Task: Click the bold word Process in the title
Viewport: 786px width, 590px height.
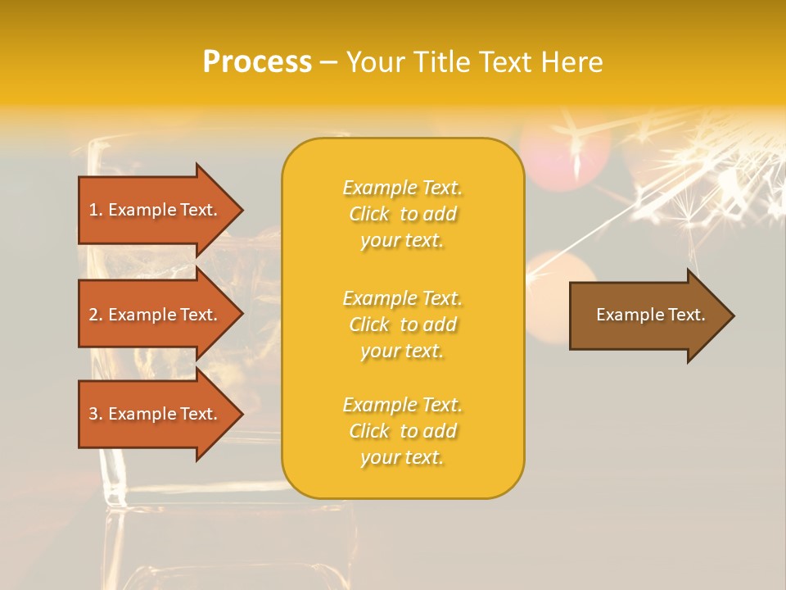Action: pyautogui.click(x=257, y=62)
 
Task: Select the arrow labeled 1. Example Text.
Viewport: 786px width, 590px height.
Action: pyautogui.click(x=154, y=210)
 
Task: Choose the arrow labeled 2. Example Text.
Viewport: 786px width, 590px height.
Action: pyautogui.click(x=154, y=315)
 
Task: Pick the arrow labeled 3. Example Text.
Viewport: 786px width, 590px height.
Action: pyautogui.click(x=154, y=414)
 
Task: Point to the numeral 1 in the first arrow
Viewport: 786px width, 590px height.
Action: pyautogui.click(x=93, y=210)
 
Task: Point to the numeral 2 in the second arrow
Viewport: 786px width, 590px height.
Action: pyautogui.click(x=93, y=315)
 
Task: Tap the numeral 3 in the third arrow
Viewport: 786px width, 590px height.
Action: pyautogui.click(x=93, y=414)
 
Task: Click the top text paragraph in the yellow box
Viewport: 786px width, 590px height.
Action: pyautogui.click(x=402, y=214)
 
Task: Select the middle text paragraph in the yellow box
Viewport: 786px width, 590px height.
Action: pyautogui.click(x=402, y=324)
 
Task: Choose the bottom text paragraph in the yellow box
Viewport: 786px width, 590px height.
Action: pyautogui.click(x=402, y=431)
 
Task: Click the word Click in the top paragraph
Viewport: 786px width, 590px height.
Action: pyautogui.click(x=369, y=214)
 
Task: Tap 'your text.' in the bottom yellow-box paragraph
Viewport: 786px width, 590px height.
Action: pyautogui.click(x=402, y=457)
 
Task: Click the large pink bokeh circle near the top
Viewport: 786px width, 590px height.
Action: pyautogui.click(x=566, y=152)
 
